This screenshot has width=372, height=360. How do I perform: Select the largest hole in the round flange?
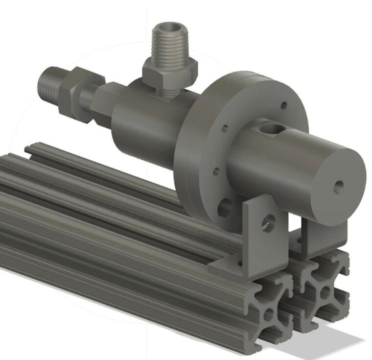pyautogui.click(x=225, y=207)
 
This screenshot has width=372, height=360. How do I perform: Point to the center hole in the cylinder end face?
pyautogui.click(x=338, y=187)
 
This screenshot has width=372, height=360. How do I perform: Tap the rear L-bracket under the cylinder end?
pyautogui.click(x=318, y=240)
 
